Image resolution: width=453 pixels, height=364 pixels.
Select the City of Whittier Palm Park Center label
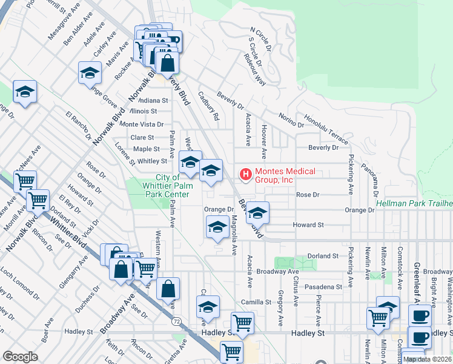coord(159,186)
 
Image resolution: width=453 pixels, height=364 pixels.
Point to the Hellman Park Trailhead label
coord(414,203)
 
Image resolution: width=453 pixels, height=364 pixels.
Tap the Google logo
coord(20,357)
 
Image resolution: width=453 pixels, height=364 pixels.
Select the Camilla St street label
coord(255,302)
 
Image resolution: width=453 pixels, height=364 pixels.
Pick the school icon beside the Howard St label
coord(257,213)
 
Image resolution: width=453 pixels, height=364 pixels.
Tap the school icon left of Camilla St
coord(208,308)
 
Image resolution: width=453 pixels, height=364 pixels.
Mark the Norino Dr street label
coord(291,120)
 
